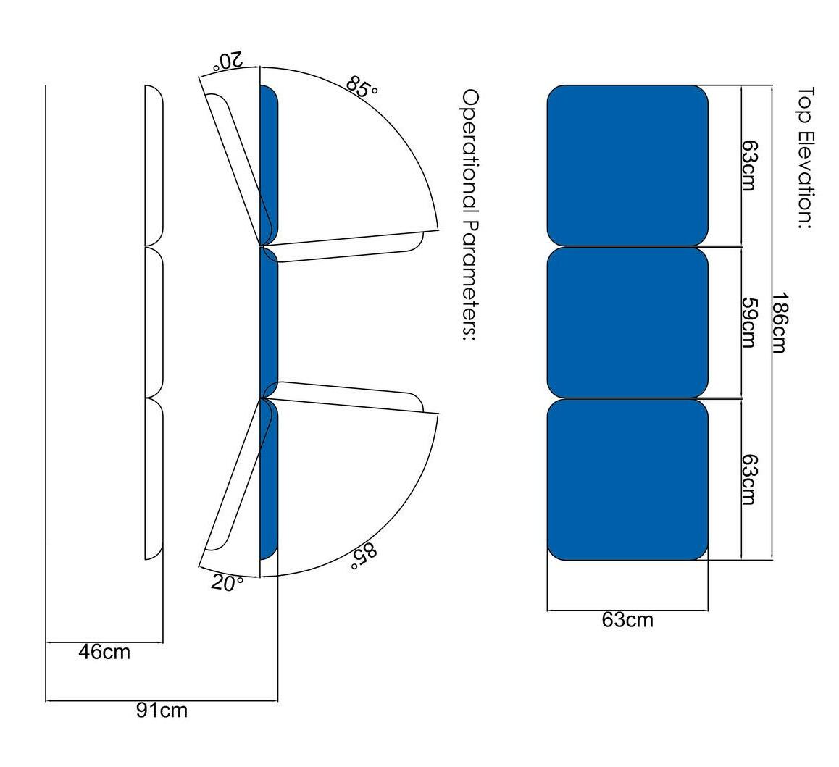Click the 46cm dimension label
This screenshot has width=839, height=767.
coord(104,652)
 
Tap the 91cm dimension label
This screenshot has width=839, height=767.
coord(162,711)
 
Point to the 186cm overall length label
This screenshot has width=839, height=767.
coord(778,322)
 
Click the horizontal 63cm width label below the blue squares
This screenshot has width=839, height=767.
coord(627,620)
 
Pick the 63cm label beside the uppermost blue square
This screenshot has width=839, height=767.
coord(749,164)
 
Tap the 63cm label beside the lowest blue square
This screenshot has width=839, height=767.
coord(749,479)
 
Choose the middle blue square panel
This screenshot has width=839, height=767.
coord(627,322)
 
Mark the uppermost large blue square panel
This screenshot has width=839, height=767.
coord(627,165)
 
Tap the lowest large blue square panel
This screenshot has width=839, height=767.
coord(627,479)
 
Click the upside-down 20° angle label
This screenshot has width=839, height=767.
coord(227,61)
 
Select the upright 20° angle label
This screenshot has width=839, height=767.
coord(227,582)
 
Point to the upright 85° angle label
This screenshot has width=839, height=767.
coord(362,85)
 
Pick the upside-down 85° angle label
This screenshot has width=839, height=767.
coord(364,555)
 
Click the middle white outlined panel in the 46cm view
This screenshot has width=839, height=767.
coord(154,322)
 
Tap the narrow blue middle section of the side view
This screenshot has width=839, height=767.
coord(269,322)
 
